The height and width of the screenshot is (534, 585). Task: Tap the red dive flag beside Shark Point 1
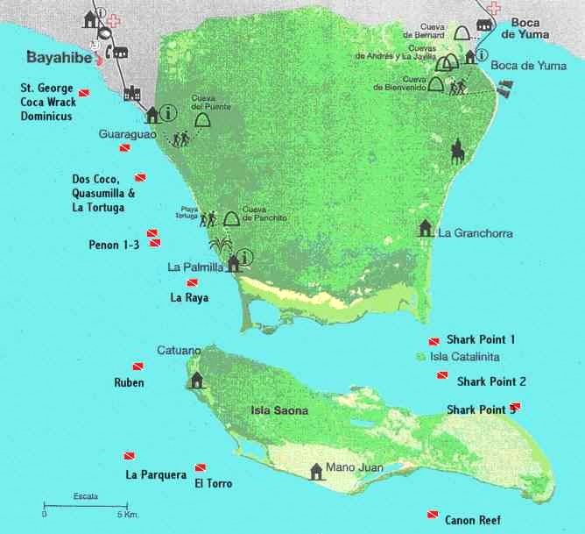click(x=433, y=340)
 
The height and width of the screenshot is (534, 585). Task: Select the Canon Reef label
click(x=473, y=520)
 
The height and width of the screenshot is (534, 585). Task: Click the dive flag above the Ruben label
click(x=137, y=366)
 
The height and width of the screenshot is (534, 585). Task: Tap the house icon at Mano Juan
click(x=315, y=471)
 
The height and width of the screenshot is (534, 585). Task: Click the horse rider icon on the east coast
click(x=456, y=150)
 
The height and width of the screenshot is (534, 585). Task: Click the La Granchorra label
click(x=475, y=233)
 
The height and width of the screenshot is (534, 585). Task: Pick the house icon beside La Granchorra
click(x=426, y=228)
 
